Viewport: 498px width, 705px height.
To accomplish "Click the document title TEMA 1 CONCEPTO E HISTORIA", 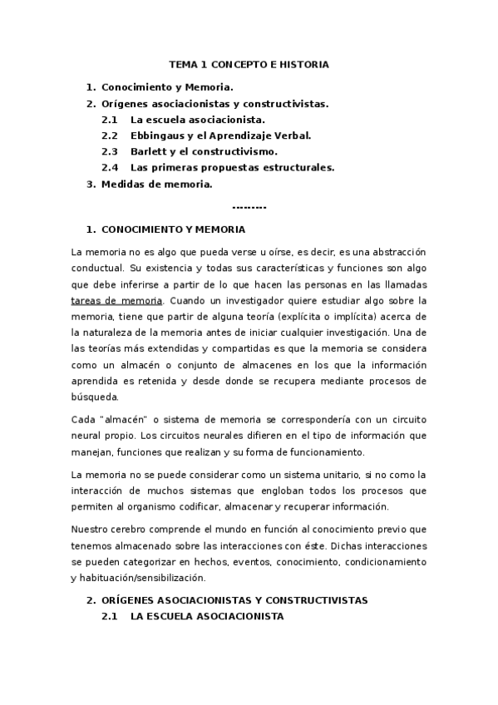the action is (249, 64).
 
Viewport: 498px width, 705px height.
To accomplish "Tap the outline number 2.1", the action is (110, 120).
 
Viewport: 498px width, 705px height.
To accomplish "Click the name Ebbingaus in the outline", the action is (157, 136).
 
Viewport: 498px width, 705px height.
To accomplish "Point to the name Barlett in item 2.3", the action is (149, 151).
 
